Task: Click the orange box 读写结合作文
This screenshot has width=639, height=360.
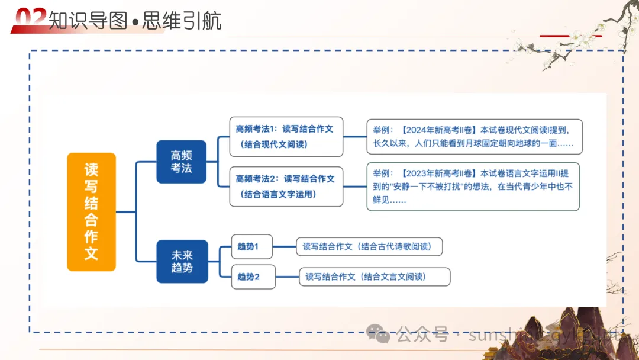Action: [x=91, y=211]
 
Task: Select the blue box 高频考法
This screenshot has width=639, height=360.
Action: [x=181, y=162]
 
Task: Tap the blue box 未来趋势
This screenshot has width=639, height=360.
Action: [x=182, y=261]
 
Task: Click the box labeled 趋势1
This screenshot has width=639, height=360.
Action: [x=251, y=246]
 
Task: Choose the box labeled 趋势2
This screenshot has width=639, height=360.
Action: [x=253, y=277]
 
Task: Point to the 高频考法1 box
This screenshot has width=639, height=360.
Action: [x=286, y=136]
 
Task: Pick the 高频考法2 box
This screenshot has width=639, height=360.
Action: [x=286, y=186]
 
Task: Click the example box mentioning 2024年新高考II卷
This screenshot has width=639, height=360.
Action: [x=473, y=136]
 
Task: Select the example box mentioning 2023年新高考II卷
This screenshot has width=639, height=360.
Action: [x=473, y=187]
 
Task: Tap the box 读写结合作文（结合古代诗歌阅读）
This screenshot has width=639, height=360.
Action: [x=369, y=246]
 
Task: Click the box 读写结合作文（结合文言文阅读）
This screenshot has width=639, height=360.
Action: [x=375, y=277]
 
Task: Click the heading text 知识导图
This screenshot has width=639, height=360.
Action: [x=88, y=21]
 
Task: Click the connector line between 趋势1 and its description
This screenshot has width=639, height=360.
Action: [x=284, y=246]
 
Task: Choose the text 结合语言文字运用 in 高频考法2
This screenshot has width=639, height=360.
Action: [x=278, y=194]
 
